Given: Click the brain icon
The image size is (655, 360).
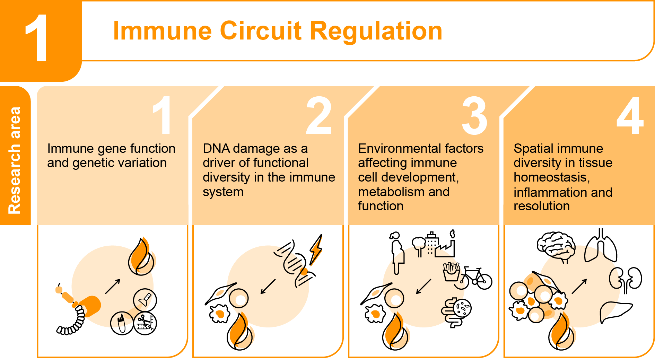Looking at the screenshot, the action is click(x=556, y=247).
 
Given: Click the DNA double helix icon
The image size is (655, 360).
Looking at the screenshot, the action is click(x=295, y=263).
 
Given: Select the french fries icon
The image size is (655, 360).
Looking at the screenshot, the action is click(x=451, y=272).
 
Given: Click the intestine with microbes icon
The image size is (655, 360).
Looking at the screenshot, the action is click(x=456, y=312).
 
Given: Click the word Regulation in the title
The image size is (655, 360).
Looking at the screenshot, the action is click(x=376, y=31).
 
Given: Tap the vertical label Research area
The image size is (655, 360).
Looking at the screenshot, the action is click(x=15, y=160).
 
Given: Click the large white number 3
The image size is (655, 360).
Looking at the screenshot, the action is click(x=474, y=116).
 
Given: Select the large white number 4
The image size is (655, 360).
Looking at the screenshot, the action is click(x=630, y=116).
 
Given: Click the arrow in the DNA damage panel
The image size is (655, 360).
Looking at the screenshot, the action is click(x=268, y=287).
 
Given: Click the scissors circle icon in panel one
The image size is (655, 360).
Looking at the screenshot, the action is click(x=145, y=323).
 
